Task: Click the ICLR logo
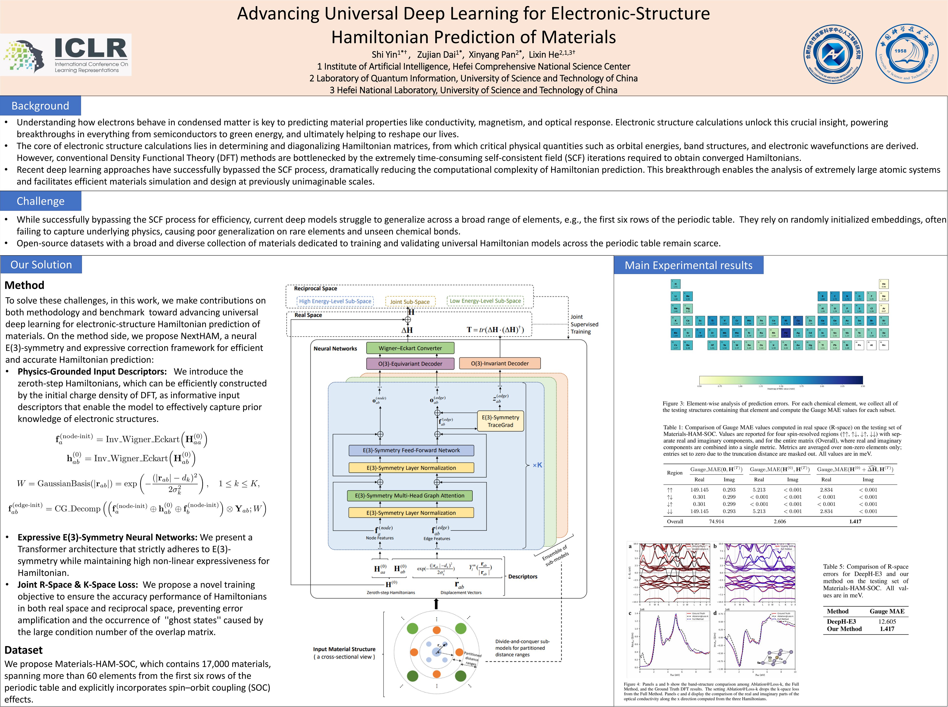66,55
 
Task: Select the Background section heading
40,106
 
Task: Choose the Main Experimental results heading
688,265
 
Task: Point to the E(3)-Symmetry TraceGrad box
500,421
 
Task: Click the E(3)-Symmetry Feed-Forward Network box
411,450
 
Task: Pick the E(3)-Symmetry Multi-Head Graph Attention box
410,496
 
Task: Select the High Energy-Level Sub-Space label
335,301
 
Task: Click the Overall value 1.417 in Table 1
855,521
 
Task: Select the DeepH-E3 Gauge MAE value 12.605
887,621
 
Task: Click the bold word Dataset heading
24,650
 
